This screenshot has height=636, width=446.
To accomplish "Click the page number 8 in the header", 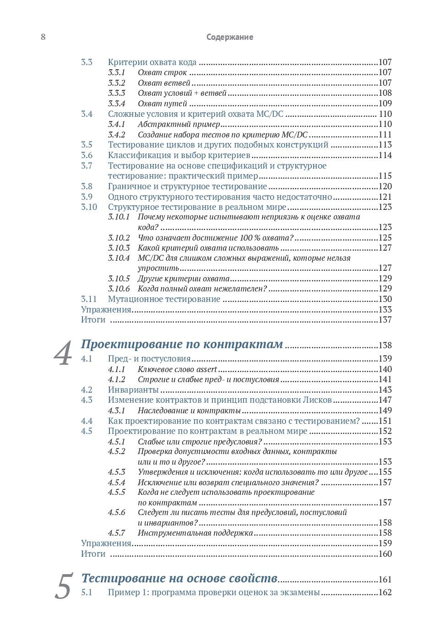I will click(x=43, y=37).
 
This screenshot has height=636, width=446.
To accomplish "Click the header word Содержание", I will click(x=229, y=37).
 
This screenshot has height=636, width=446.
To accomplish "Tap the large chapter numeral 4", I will click(x=63, y=354).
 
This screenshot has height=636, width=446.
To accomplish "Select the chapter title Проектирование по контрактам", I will click(x=182, y=344).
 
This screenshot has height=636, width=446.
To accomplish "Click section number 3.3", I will click(x=87, y=62).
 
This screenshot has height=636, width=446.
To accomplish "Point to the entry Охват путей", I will click(x=156, y=104).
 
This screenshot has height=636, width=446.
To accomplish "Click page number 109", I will click(x=385, y=104).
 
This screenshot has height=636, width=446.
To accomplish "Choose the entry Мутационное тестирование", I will click(x=164, y=299).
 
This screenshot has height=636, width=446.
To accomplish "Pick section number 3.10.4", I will click(x=119, y=258).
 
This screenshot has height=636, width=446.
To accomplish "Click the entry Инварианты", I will click(x=133, y=390).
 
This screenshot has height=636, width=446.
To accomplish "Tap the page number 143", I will click(x=385, y=390).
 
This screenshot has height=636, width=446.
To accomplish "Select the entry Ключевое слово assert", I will click(x=177, y=369).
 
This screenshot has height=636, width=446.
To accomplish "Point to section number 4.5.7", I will click(x=117, y=533).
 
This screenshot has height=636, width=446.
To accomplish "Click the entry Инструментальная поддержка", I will click(x=195, y=533).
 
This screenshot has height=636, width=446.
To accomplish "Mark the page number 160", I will click(x=385, y=554).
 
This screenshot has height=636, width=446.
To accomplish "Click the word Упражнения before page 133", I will click(x=106, y=310).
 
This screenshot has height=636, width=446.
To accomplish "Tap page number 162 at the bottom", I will click(x=385, y=592).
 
